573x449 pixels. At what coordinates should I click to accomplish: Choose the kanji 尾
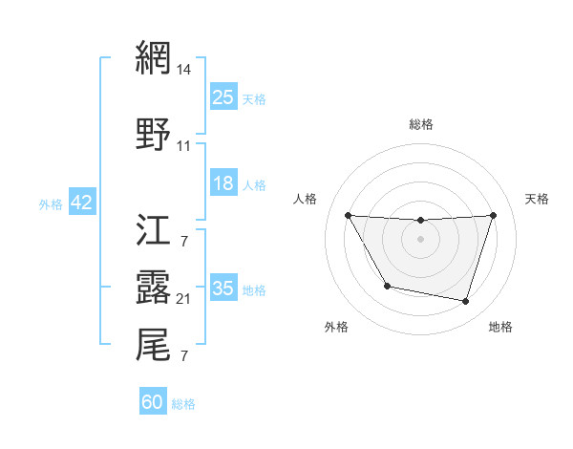point(154,345)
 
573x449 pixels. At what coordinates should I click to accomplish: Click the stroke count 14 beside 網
point(184,70)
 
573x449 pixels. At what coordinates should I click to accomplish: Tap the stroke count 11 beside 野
point(184,146)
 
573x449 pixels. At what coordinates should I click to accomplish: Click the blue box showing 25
point(223,97)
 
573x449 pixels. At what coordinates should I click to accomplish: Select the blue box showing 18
point(223,183)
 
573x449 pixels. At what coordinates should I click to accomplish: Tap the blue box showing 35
point(223,289)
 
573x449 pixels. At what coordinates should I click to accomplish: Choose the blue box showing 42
point(81,203)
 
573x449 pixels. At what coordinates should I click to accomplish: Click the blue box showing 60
point(153,402)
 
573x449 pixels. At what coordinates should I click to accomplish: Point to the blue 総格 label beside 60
point(183,404)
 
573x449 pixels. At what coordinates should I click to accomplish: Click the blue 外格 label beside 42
point(51,203)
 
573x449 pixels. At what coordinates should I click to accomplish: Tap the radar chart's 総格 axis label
point(421,124)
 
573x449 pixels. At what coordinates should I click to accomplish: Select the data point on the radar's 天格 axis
point(494,215)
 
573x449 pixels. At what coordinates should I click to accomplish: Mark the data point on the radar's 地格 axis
point(466,302)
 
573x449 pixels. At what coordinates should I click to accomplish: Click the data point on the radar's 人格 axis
point(349,215)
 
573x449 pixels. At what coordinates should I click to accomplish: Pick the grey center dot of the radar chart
point(421,239)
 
